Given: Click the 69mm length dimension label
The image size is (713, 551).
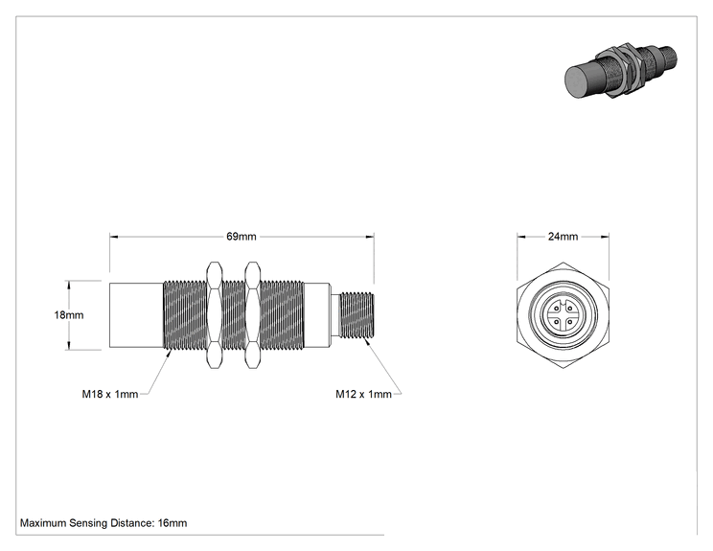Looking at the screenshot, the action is [241, 237].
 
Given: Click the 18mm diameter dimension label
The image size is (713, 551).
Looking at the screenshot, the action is [69, 314].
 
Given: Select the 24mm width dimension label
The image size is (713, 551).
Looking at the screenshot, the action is [563, 237].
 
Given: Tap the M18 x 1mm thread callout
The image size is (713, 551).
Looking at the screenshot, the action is [110, 394].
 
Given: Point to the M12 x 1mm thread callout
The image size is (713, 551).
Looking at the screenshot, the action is [363, 394].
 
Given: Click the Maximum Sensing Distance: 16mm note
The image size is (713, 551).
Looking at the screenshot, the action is [103, 523].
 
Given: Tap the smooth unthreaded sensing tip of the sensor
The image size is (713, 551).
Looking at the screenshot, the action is [136, 315].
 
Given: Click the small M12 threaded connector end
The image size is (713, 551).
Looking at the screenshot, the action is [356, 315].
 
